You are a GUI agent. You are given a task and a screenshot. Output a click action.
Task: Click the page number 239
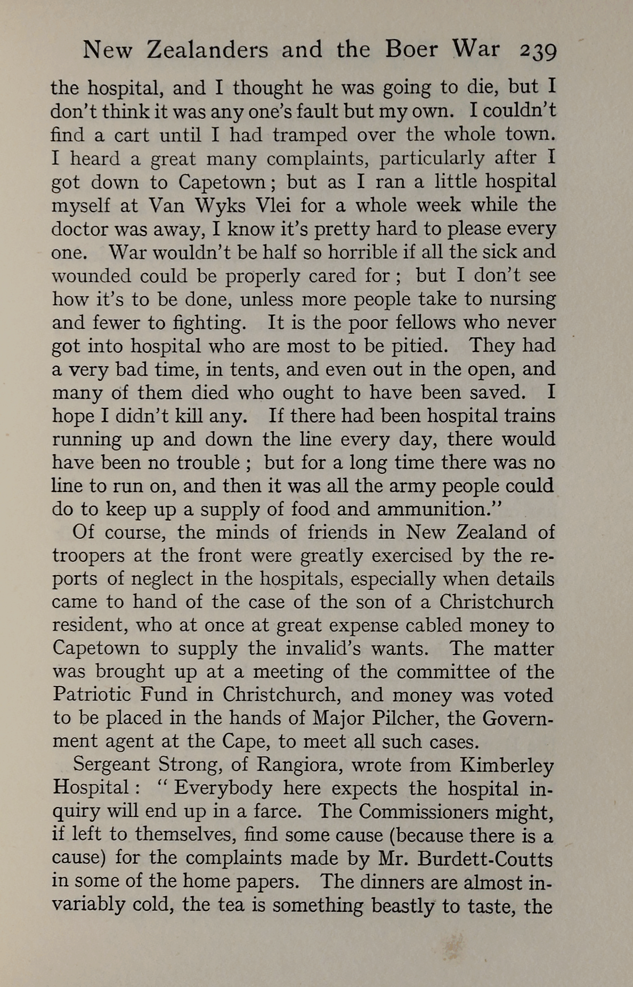(x=538, y=52)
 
